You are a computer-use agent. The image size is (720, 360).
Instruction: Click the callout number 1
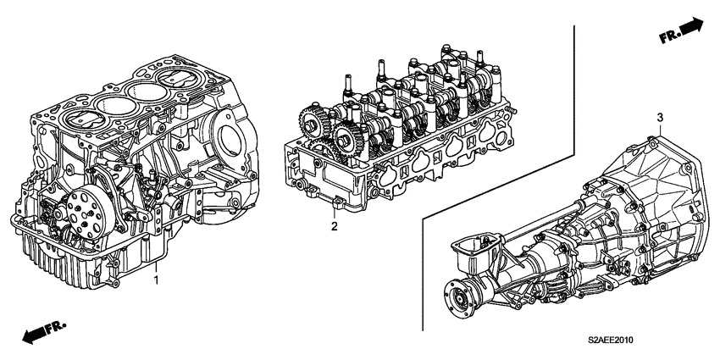tap(156, 280)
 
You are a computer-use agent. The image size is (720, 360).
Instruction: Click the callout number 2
tap(335, 226)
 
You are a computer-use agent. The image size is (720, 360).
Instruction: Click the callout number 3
tap(660, 118)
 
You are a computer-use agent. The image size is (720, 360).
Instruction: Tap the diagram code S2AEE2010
tap(611, 341)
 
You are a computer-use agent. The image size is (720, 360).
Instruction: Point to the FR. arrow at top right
tap(681, 30)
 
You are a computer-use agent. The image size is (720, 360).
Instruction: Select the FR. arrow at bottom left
tap(45, 331)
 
